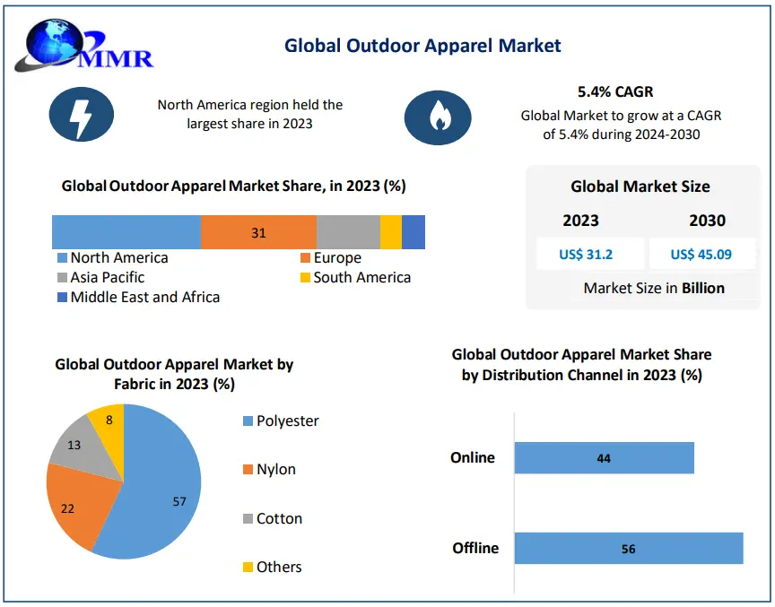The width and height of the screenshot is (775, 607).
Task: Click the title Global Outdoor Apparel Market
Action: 422,45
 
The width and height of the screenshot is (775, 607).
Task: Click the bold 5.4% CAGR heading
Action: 615,91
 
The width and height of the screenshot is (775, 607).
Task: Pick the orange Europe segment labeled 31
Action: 258,232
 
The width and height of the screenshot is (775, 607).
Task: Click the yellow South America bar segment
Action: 391,232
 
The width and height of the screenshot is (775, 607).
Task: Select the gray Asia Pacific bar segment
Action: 348,232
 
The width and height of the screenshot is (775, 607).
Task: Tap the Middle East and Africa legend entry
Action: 138,297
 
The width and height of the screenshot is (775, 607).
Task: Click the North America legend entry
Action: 112,258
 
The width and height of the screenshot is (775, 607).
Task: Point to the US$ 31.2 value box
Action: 586,254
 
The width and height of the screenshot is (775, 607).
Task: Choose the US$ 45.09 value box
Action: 701,254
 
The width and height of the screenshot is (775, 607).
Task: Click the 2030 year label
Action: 708,221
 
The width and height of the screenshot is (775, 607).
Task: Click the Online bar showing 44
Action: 604,457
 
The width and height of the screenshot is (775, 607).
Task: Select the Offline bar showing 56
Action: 628,548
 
